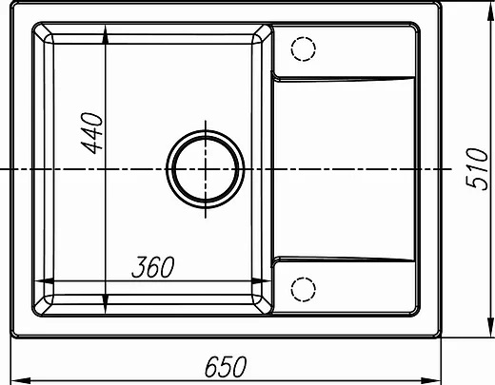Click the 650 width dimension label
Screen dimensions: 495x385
(226, 366)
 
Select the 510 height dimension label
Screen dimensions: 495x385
(477, 169)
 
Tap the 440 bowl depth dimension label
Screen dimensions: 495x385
(92, 133)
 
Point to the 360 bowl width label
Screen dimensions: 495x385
(153, 267)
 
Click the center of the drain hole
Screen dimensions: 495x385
(206, 169)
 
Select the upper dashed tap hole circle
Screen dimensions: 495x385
(303, 48)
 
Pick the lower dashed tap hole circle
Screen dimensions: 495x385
(303, 289)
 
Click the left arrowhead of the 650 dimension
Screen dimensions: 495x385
(21, 380)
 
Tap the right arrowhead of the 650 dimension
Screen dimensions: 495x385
(431, 380)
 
